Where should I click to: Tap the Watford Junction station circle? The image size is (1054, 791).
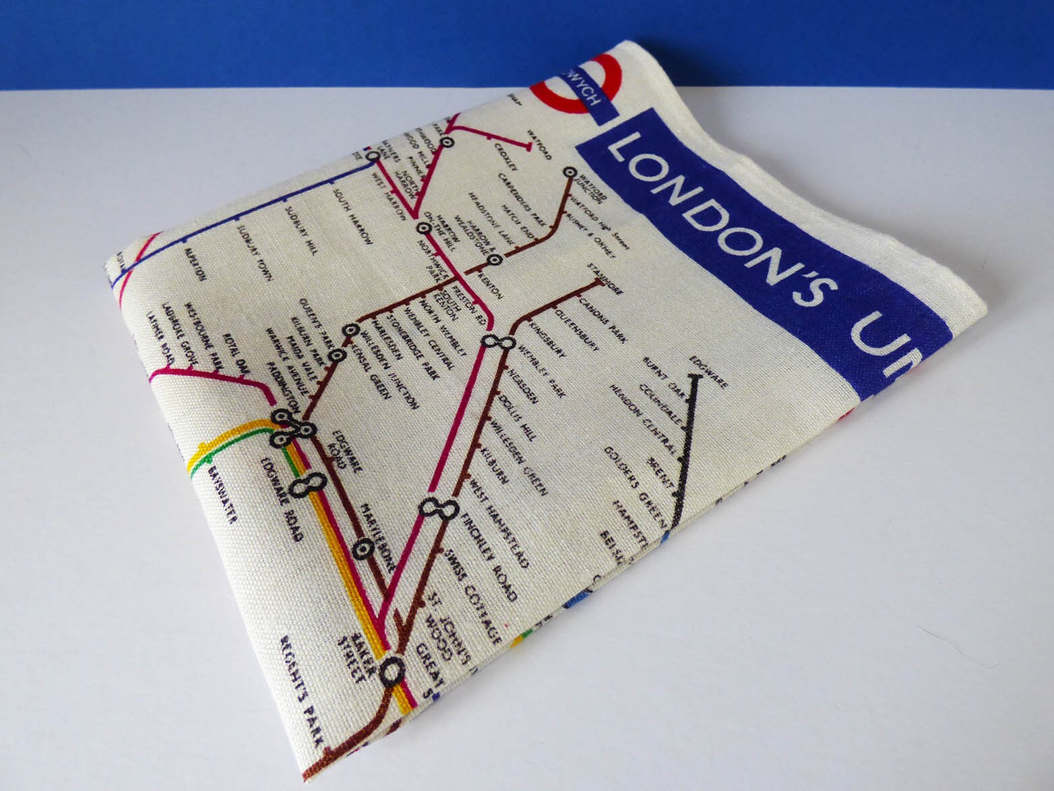(x=570, y=173)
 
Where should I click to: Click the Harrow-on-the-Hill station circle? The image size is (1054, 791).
(x=423, y=228)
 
